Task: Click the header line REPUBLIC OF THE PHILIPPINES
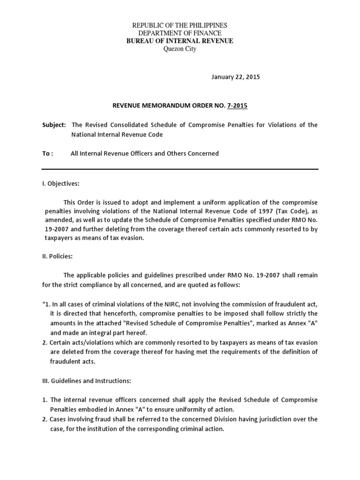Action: click(180, 25)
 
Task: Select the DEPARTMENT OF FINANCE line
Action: click(180, 33)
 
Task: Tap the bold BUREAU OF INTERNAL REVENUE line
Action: click(180, 41)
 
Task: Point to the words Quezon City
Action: click(180, 49)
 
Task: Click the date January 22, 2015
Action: click(232, 77)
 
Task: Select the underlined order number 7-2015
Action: click(237, 105)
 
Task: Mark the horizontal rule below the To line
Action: click(180, 169)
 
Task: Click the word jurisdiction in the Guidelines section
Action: click(274, 419)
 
